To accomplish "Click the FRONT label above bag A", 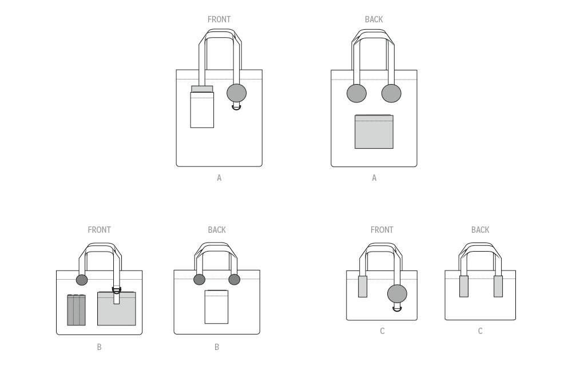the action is (219, 19).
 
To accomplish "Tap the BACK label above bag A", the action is (374, 19).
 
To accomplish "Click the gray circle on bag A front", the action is (236, 93).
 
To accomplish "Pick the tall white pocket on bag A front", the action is (202, 110).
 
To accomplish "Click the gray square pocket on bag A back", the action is (374, 132).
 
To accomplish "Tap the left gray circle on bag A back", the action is (356, 93).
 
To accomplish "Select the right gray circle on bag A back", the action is (391, 93).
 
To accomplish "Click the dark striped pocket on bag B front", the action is (76, 310).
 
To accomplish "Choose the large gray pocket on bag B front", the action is (116, 309).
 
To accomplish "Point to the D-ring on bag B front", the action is (116, 291).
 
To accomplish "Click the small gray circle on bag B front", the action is (82, 280).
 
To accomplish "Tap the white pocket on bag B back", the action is (216, 307).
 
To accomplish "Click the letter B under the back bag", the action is (217, 347).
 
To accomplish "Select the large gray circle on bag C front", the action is (398, 294).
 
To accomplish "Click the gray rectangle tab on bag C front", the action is (363, 287).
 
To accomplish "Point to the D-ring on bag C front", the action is (398, 309).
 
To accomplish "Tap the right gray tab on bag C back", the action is (498, 287).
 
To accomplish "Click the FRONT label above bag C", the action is (382, 230).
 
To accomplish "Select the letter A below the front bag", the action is (219, 178).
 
